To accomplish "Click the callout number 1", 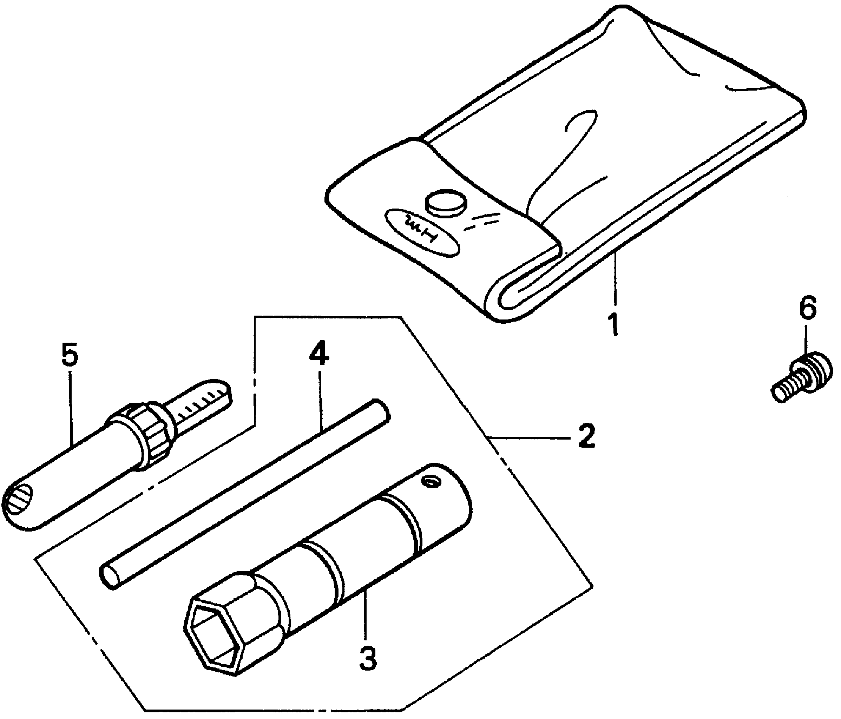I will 614,324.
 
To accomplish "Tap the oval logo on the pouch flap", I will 423,231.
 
